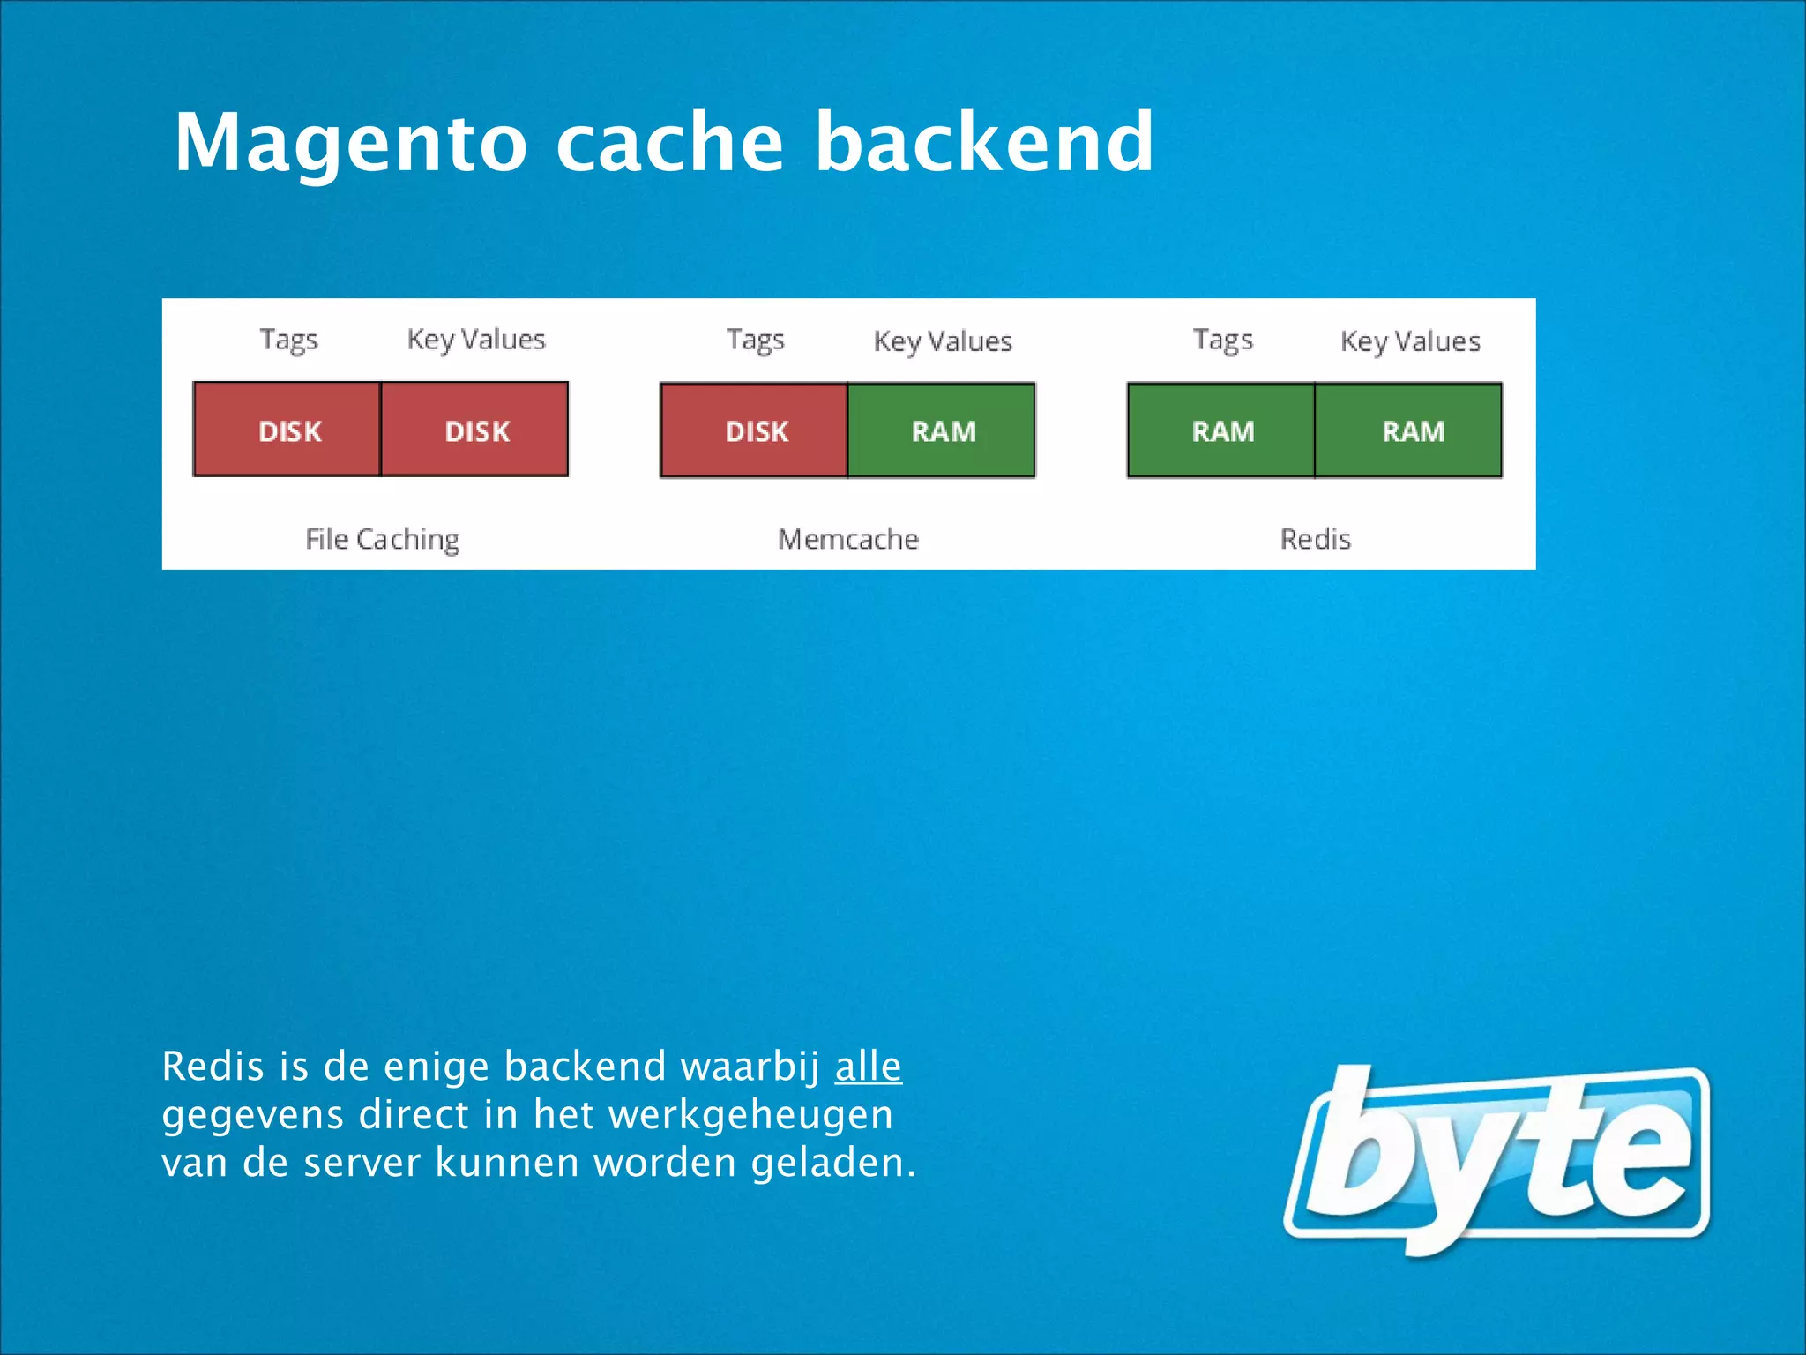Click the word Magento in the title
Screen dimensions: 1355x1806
click(350, 143)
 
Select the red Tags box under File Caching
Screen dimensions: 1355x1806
click(287, 430)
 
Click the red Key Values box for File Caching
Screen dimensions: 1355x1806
click(475, 430)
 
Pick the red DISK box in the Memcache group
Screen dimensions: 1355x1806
click(755, 430)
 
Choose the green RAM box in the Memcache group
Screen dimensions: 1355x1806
click(942, 430)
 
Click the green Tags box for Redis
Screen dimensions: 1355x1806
click(1221, 430)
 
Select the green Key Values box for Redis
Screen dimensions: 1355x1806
click(1409, 430)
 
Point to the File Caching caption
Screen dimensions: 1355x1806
click(382, 539)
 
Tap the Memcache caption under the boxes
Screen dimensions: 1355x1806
click(848, 539)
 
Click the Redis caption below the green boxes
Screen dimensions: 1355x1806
click(1315, 539)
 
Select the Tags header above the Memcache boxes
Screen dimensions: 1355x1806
click(755, 341)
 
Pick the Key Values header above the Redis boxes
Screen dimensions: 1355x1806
click(1410, 341)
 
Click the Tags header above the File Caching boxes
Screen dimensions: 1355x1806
click(288, 341)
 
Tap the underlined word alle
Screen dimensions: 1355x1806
click(868, 1067)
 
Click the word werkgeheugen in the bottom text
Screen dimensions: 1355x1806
click(750, 1115)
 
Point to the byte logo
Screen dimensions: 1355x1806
click(1496, 1159)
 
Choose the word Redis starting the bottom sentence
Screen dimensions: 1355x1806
click(213, 1067)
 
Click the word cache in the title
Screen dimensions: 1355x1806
click(670, 143)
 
